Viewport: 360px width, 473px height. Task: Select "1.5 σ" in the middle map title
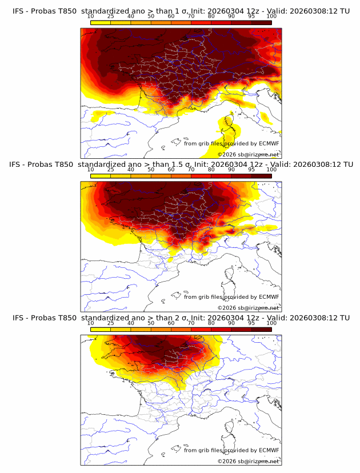pyautogui.click(x=184, y=165)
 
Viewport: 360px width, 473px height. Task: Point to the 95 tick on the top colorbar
pyautogui.click(x=251, y=17)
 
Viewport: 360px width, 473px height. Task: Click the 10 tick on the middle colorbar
pyautogui.click(x=91, y=170)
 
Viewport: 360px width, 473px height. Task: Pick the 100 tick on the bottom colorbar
pyautogui.click(x=271, y=323)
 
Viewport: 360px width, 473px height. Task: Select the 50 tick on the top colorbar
pyautogui.click(x=151, y=17)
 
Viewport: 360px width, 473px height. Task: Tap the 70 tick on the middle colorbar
pyautogui.click(x=191, y=170)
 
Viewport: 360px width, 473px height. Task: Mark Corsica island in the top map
pyautogui.click(x=230, y=129)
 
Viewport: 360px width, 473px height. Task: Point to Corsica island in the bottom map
pyautogui.click(x=230, y=435)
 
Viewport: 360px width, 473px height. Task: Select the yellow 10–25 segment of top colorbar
pyautogui.click(x=101, y=22)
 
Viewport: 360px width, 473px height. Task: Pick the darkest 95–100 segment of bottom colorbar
pyautogui.click(x=261, y=329)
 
